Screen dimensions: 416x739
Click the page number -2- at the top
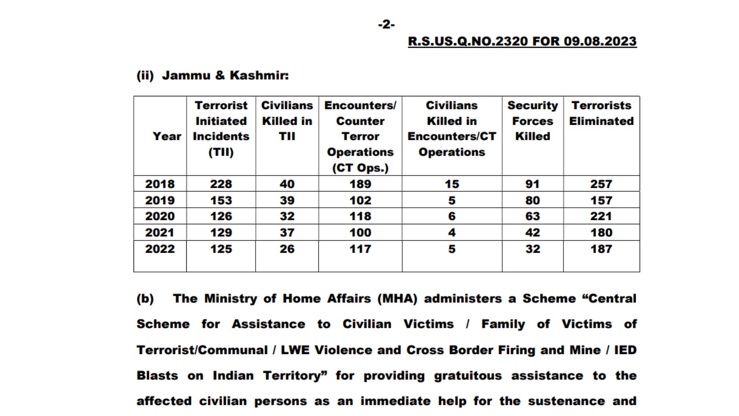(386, 25)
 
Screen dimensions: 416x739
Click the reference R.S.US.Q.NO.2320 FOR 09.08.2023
(522, 41)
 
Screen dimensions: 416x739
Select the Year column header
(167, 136)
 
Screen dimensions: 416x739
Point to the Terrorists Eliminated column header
(601, 113)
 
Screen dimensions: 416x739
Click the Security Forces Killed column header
(532, 121)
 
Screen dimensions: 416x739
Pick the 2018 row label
(160, 184)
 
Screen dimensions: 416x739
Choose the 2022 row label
(160, 249)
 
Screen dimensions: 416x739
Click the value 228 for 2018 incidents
(221, 184)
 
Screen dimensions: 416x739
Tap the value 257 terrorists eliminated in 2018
(601, 184)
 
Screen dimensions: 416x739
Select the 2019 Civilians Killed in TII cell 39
(287, 200)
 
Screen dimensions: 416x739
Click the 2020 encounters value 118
(360, 216)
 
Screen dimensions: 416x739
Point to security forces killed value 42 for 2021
(532, 233)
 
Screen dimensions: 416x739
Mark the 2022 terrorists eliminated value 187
(601, 249)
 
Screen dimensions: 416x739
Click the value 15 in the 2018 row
(452, 184)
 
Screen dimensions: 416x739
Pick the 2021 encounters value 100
(360, 233)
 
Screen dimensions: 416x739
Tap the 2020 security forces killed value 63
(532, 216)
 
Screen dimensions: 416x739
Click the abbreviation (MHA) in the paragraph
(397, 299)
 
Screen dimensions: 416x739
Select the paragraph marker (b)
(145, 299)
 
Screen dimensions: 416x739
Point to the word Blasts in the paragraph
(157, 376)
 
